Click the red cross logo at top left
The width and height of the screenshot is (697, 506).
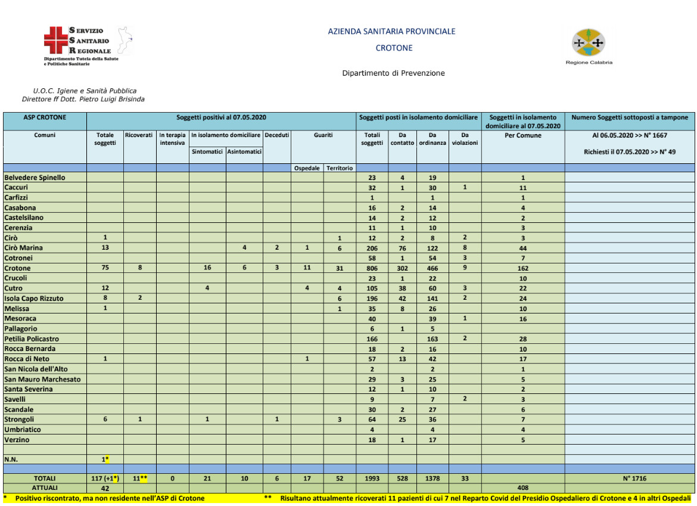(x=56, y=39)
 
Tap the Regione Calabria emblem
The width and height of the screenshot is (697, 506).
(x=589, y=42)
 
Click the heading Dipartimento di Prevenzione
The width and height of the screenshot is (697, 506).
(x=393, y=73)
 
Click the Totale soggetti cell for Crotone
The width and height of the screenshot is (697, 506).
(x=105, y=268)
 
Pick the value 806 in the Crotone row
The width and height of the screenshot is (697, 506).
(x=372, y=268)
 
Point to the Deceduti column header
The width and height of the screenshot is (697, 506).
(x=276, y=135)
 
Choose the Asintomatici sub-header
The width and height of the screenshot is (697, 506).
(x=244, y=152)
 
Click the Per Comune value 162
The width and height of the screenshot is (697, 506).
(x=522, y=268)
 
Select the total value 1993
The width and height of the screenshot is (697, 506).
(x=372, y=478)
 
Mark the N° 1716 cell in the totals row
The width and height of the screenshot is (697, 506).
(x=630, y=478)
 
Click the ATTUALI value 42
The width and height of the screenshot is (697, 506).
(x=105, y=488)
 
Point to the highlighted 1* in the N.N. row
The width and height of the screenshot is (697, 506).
(x=105, y=459)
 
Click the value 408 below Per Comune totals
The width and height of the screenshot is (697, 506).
(x=522, y=488)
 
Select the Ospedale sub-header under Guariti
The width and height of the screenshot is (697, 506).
(x=307, y=168)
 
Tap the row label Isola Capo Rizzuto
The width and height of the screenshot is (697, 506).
(x=34, y=298)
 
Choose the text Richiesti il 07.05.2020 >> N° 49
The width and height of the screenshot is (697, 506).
(x=630, y=152)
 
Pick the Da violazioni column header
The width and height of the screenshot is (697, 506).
(x=465, y=139)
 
